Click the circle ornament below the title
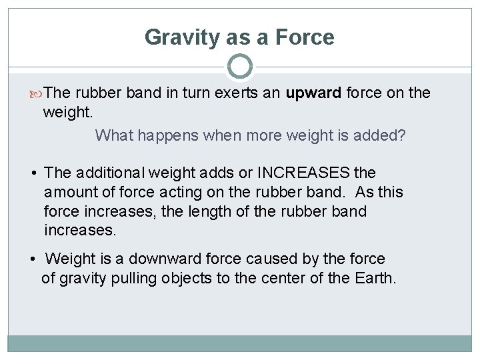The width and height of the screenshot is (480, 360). [x=240, y=67]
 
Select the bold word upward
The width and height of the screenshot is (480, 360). [x=313, y=93]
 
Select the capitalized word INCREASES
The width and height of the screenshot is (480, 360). [x=303, y=173]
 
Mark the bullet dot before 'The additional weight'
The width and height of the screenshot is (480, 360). [x=33, y=173]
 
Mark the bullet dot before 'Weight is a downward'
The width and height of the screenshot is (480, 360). [x=33, y=259]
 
